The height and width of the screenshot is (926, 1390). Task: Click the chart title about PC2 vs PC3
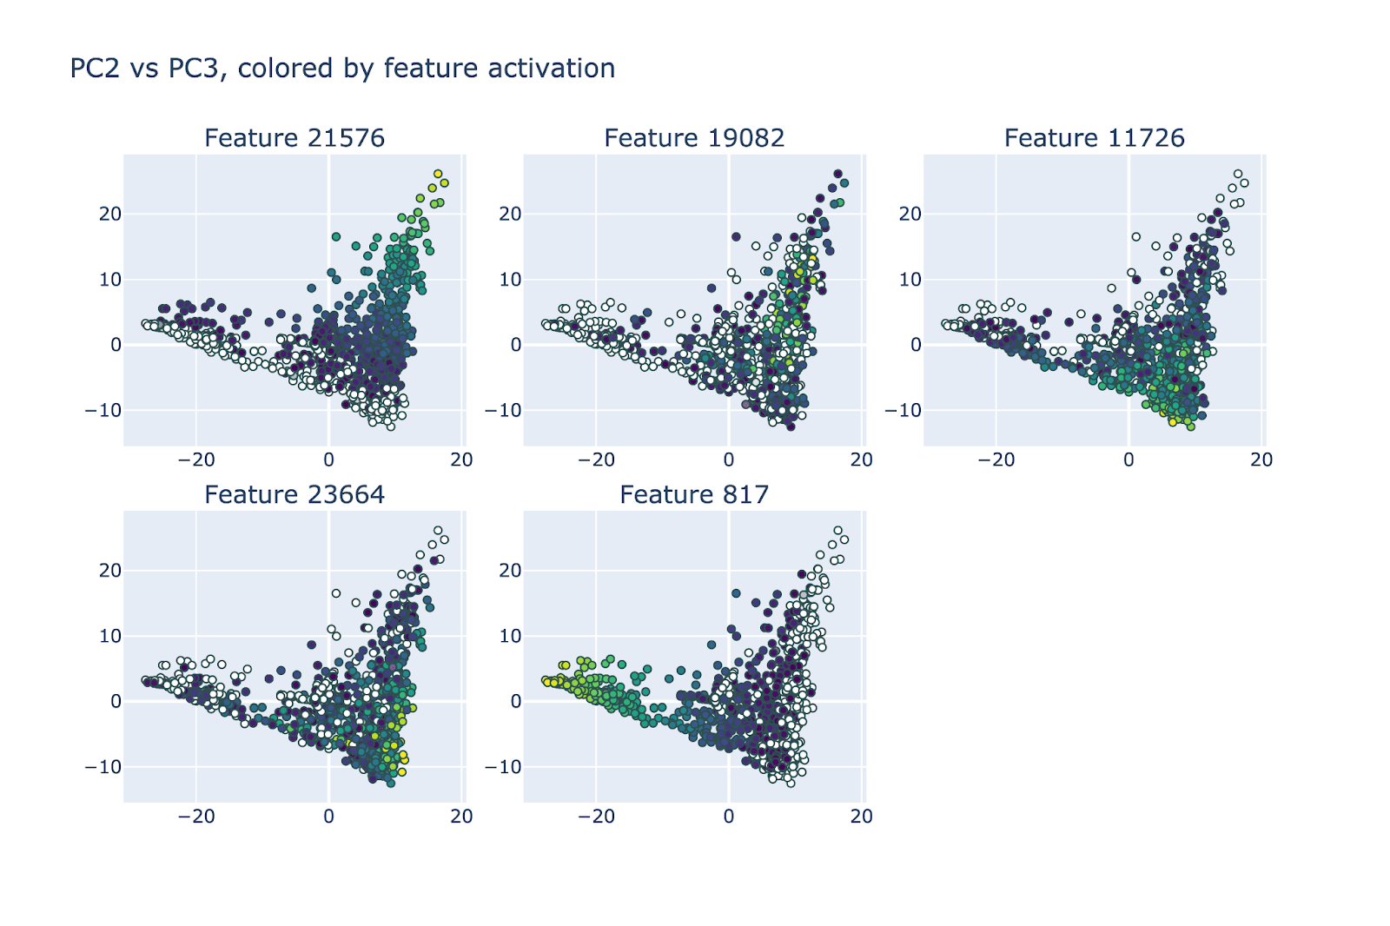[x=342, y=68]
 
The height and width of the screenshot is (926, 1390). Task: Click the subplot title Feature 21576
[x=295, y=138]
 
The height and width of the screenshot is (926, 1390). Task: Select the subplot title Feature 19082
[x=694, y=138]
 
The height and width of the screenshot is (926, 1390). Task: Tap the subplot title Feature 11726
[x=1094, y=138]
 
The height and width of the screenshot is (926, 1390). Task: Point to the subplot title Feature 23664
[x=295, y=494]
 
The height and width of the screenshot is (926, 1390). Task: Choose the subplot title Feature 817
[x=694, y=494]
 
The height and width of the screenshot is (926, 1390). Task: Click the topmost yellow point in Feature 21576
[x=438, y=174]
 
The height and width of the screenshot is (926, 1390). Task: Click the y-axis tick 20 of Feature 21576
[x=109, y=214]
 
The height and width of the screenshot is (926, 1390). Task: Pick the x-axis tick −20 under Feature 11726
[x=996, y=460]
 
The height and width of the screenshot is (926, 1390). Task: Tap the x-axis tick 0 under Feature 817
[x=729, y=817]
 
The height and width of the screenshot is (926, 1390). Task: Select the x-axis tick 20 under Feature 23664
[x=461, y=817]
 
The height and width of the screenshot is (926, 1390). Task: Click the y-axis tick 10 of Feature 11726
[x=910, y=280]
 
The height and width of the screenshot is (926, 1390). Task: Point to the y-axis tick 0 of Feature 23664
[x=116, y=702]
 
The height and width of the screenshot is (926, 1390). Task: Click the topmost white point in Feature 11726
[x=1238, y=174]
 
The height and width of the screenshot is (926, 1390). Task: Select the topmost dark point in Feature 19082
[x=837, y=174]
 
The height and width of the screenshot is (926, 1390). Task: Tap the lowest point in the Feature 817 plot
[x=791, y=784]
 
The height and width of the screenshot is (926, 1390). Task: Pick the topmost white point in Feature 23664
[x=438, y=531]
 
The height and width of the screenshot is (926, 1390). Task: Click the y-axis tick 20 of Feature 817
[x=510, y=571]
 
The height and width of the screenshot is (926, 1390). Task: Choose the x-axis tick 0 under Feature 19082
[x=729, y=460]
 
